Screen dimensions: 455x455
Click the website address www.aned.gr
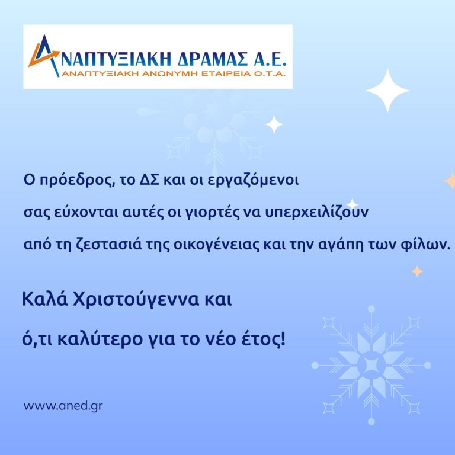coord(63,406)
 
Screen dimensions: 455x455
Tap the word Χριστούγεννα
coord(136,300)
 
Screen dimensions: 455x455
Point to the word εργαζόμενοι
coord(254,181)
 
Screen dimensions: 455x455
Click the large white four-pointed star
coord(387,91)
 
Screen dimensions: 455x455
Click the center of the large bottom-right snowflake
coord(371,365)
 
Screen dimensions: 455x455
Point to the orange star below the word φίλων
coord(417,271)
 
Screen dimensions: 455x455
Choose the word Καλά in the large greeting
coord(45,299)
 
